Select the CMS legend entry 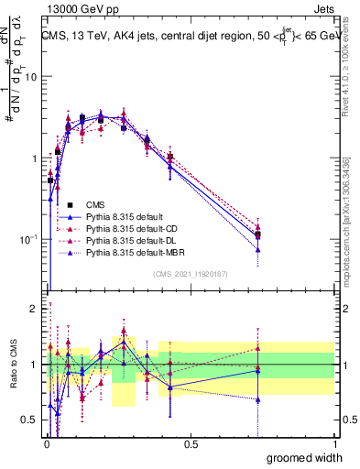pos(96,204)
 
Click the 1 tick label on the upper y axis pos(34,158)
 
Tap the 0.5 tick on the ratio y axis pos(29,420)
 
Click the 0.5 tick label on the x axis pos(191,443)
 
